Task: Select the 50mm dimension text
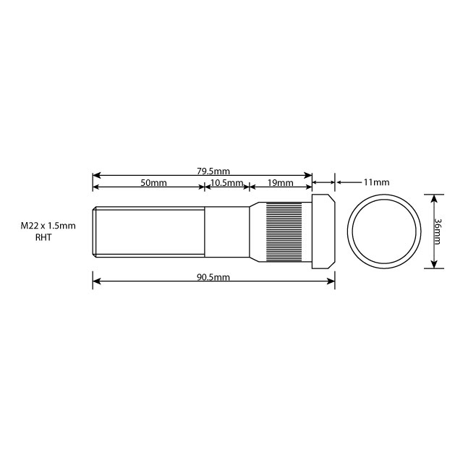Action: point(153,183)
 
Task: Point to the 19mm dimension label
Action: point(280,183)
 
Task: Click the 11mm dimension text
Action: point(376,182)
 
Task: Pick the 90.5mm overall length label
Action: point(213,277)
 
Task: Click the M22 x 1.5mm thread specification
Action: point(48,226)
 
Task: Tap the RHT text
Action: point(44,237)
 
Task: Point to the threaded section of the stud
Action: point(148,231)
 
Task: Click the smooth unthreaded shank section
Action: point(226,231)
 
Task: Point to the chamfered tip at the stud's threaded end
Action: point(94,231)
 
